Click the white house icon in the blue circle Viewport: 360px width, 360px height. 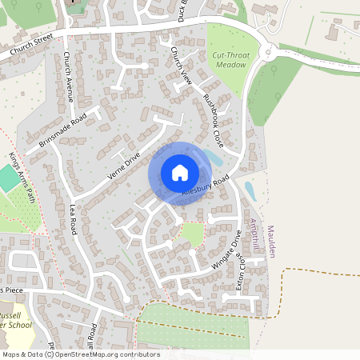click(x=180, y=172)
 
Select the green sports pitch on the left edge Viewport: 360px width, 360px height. click(x=7, y=178)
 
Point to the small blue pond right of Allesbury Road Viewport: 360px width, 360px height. click(x=250, y=191)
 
